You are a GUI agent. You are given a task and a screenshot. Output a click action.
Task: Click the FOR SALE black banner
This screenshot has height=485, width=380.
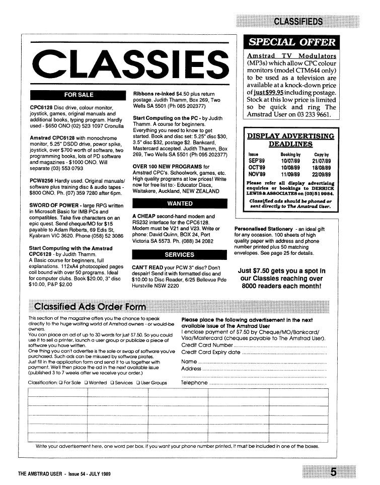(79, 95)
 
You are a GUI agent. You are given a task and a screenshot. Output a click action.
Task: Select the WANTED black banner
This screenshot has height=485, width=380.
(180, 203)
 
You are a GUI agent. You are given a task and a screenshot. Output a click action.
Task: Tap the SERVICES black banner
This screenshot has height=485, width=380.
(180, 254)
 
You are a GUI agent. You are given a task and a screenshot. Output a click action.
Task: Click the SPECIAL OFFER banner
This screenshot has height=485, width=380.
(290, 42)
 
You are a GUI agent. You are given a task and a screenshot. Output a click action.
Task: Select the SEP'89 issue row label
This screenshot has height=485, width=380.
(257, 161)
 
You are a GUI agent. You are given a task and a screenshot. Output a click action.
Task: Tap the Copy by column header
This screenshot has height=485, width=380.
(322, 155)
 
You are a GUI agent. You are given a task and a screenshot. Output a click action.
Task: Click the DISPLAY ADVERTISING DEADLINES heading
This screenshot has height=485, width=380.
(291, 140)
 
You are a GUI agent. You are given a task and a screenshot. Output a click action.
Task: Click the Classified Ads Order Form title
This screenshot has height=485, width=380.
(89, 307)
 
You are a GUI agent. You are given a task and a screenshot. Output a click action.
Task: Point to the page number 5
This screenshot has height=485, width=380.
(333, 472)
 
